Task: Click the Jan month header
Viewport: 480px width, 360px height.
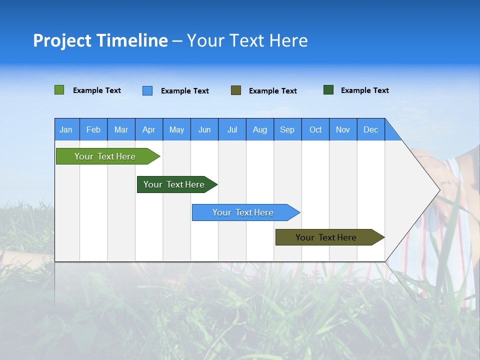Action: tap(66, 129)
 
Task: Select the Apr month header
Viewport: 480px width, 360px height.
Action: tap(148, 129)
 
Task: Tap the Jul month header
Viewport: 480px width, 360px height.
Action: tap(232, 129)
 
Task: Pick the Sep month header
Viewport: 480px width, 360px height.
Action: tap(287, 129)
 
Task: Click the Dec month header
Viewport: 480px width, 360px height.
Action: tap(370, 129)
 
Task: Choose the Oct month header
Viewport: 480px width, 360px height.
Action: tap(315, 129)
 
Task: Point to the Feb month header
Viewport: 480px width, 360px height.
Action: tap(93, 129)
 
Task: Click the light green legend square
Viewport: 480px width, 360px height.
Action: tap(59, 90)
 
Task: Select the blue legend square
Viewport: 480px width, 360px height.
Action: tap(147, 90)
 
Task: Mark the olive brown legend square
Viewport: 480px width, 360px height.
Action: tap(236, 90)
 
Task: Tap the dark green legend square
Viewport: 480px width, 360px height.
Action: tap(328, 90)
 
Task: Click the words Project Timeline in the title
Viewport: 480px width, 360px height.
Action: tap(100, 40)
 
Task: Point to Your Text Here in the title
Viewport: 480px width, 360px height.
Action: tap(247, 40)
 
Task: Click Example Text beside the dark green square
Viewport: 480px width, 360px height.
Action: tap(364, 90)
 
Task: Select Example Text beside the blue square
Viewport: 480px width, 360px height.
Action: tap(184, 91)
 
